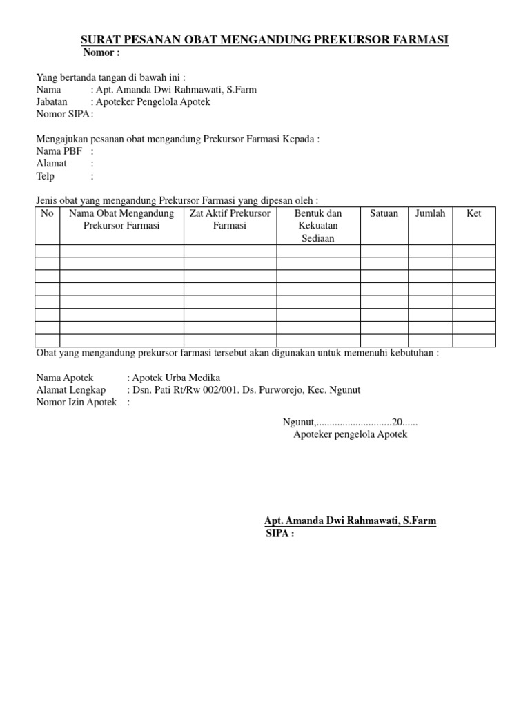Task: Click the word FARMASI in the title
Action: (x=419, y=41)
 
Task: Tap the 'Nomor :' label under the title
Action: (x=101, y=53)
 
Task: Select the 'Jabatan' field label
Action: (x=52, y=101)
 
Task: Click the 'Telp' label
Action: (x=45, y=176)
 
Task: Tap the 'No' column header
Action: (x=47, y=213)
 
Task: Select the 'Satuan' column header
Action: (x=384, y=213)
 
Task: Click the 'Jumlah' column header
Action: (x=430, y=213)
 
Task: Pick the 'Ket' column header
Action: (x=473, y=213)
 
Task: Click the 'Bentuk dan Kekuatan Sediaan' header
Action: (x=318, y=226)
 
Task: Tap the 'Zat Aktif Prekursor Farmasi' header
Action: (x=230, y=220)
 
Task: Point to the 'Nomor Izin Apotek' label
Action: (x=76, y=403)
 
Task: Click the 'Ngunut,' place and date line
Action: (x=350, y=422)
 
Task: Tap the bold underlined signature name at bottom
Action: (x=351, y=521)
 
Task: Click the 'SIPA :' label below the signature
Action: (x=279, y=534)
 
